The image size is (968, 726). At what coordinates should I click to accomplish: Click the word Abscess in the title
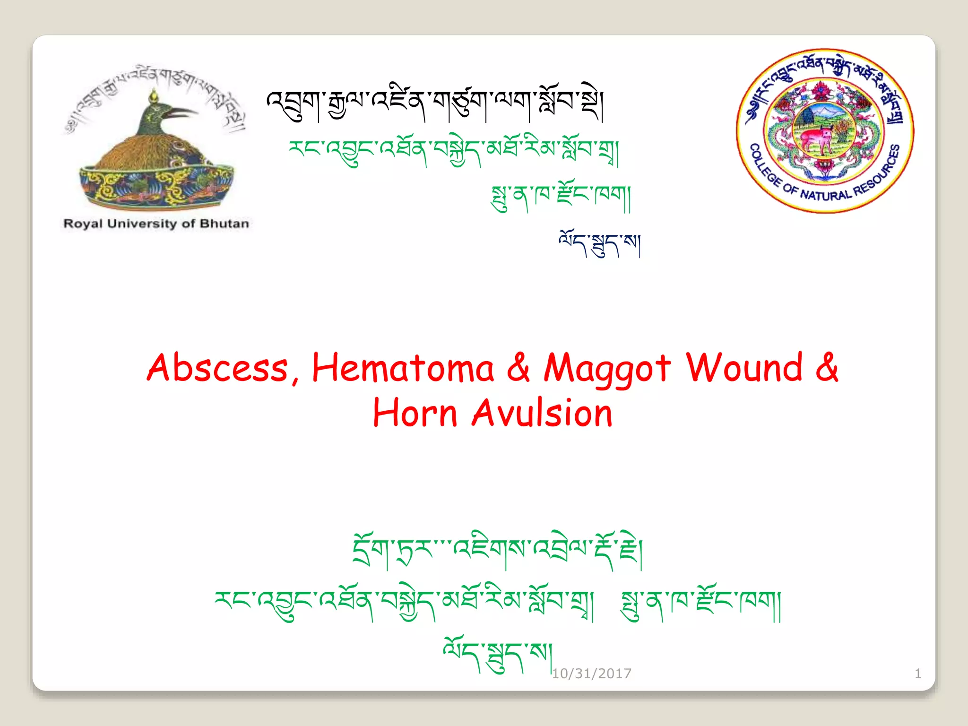[x=217, y=368]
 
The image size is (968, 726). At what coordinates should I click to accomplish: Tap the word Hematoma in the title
[x=403, y=368]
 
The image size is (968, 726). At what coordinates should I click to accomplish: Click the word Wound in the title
[x=744, y=367]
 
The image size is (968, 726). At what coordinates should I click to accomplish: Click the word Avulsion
[x=542, y=413]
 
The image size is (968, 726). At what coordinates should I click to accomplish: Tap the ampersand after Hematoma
[x=519, y=368]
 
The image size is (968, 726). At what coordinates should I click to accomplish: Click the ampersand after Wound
[x=827, y=367]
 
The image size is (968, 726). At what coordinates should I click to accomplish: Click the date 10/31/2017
[x=591, y=673]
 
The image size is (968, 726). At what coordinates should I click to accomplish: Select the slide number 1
[x=917, y=673]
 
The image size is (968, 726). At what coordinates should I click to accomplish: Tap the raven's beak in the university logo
[x=182, y=112]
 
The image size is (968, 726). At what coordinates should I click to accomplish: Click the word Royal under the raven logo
[x=83, y=224]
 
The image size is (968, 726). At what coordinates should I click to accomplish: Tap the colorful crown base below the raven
[x=156, y=184]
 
